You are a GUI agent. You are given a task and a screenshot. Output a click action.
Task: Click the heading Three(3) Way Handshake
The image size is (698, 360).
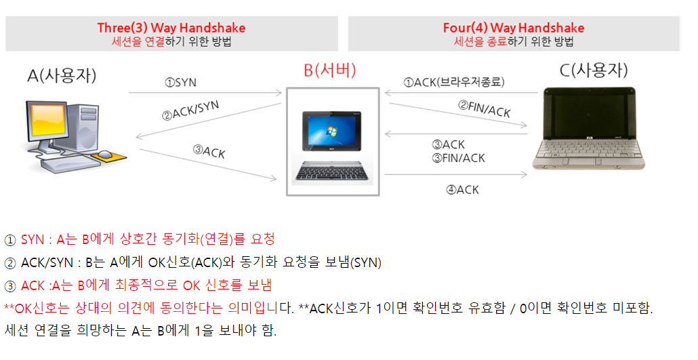click(171, 28)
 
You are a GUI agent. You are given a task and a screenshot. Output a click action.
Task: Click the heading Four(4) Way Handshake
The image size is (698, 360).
click(513, 28)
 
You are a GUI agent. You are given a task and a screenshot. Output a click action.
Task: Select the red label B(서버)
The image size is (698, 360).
click(329, 70)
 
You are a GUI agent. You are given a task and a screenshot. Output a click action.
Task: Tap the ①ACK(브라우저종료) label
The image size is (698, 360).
click(453, 82)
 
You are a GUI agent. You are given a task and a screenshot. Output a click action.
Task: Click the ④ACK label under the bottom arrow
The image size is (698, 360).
click(462, 190)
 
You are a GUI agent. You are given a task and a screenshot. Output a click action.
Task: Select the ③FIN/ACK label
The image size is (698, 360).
click(459, 158)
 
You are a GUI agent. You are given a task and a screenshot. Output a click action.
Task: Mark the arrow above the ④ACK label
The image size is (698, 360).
click(457, 175)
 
